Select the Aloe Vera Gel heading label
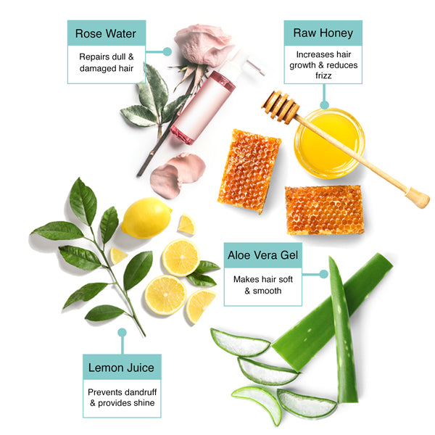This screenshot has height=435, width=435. (263, 254)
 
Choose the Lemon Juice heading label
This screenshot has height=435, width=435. (121, 368)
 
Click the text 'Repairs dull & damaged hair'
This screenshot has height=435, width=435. (106, 62)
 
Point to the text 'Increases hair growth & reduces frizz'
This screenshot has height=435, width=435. (323, 64)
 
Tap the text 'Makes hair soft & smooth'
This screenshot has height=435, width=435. (263, 284)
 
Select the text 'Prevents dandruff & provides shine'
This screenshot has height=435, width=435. (121, 397)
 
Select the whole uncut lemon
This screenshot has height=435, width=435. (146, 217)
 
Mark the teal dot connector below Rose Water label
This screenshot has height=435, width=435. (167, 51)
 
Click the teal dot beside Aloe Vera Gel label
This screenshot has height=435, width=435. (324, 274)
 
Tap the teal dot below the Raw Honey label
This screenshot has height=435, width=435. (324, 104)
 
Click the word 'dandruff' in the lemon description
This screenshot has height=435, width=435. (136, 391)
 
